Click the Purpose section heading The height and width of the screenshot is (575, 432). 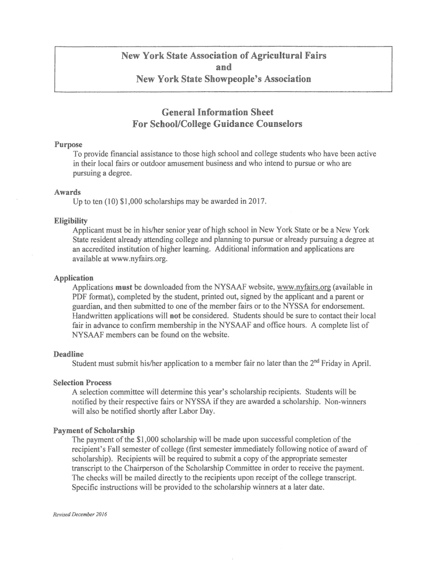68,145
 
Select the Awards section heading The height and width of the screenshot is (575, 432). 67,192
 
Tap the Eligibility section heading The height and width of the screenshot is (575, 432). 71,221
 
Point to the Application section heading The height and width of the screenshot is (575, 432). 73,278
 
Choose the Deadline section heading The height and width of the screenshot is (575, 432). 68,354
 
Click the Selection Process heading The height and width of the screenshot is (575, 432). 82,382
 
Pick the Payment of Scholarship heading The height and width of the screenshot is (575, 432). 90,430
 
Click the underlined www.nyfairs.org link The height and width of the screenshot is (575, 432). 299,287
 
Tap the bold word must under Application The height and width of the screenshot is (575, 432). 123,287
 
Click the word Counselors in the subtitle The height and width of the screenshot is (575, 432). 274,124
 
